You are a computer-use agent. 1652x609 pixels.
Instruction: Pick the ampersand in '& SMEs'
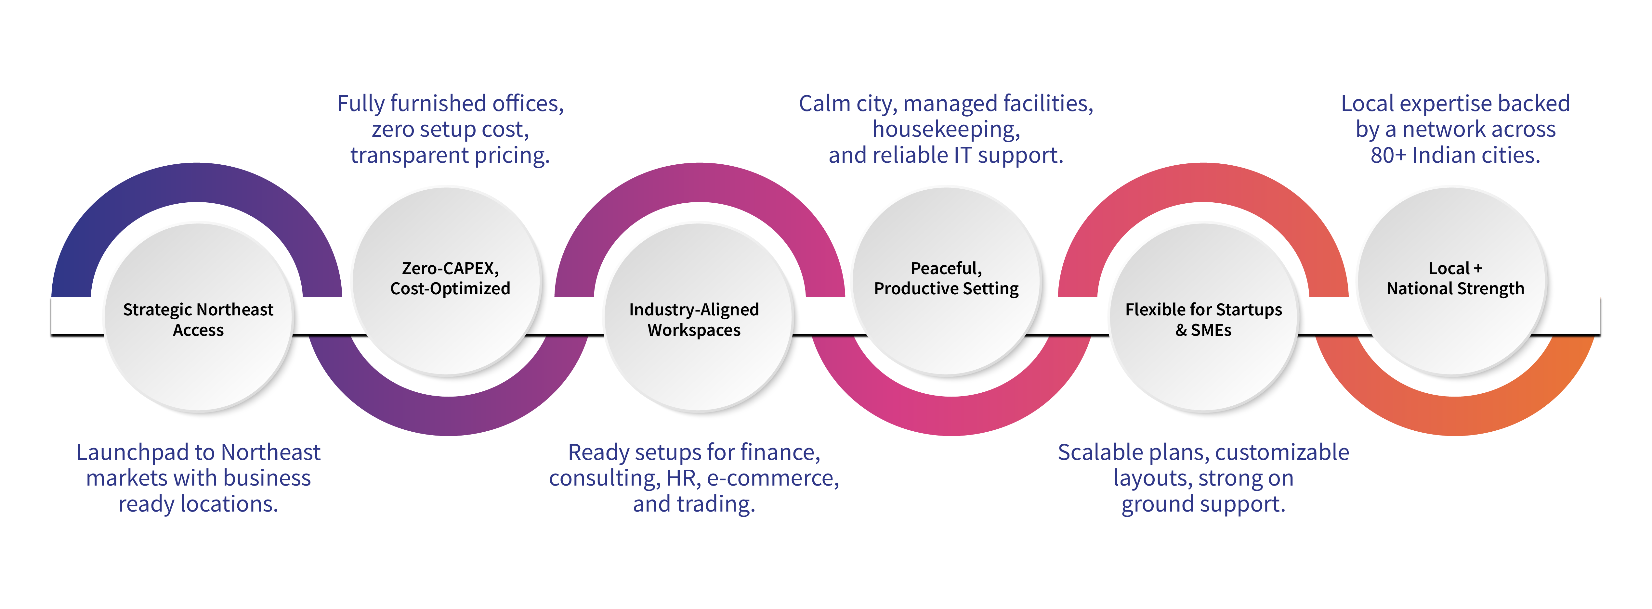coord(1181,330)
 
